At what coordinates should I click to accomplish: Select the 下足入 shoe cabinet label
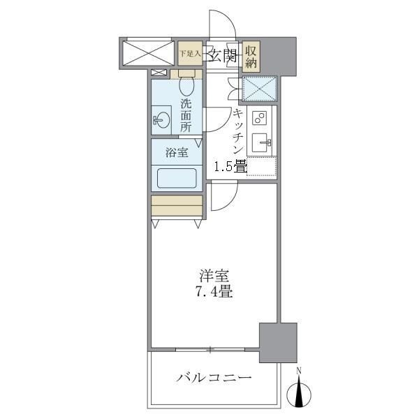click(x=189, y=53)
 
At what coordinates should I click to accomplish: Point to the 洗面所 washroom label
click(x=186, y=115)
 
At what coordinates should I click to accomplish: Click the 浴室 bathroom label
click(x=176, y=153)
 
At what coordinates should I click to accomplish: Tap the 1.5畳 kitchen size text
click(x=229, y=166)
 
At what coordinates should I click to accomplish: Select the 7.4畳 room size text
click(x=214, y=293)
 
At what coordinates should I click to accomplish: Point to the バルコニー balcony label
click(x=214, y=378)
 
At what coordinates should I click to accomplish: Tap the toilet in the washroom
click(x=186, y=85)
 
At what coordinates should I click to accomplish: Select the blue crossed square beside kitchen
click(x=259, y=89)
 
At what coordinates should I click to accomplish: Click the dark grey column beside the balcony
click(x=278, y=341)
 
